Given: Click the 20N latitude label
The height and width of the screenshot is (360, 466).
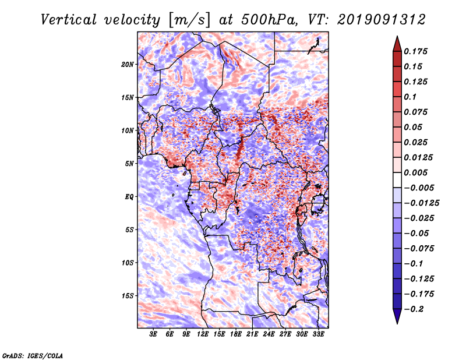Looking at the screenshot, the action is coord(127,65).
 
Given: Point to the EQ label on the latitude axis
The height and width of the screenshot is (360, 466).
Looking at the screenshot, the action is coord(129,197).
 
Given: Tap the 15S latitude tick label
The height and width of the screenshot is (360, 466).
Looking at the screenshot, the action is coord(127,296).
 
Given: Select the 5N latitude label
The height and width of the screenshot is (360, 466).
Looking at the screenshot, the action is coord(129,164).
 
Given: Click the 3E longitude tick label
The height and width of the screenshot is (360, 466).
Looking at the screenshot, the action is coord(153,334).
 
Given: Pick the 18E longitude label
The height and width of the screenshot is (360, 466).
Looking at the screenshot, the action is coord(236,334).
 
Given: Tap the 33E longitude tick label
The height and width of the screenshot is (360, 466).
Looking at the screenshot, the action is coord(318,334).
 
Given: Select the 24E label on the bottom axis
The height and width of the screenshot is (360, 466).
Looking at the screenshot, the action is coord(269,334).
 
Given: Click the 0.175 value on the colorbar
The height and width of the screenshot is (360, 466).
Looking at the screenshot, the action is coord(415,51).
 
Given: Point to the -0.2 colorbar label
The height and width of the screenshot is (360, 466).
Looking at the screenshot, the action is coord(414,309).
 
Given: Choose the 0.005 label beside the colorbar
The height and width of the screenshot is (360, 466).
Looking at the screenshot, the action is coord(415,172).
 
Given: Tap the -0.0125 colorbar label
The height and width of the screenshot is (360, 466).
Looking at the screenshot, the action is coord(421,203).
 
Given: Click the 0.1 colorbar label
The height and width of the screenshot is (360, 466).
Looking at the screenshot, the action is coord(410,97).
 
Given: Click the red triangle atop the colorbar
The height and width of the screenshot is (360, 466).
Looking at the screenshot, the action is coord(397,44).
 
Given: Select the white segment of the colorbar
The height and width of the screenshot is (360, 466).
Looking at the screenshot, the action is coord(397,180).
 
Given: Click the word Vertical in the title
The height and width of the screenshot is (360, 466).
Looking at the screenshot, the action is coord(69,20).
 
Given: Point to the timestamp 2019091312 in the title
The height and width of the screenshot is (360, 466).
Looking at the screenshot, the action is coord(382,20).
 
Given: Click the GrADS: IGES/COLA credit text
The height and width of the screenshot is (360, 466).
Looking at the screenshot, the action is coord(33,355).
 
